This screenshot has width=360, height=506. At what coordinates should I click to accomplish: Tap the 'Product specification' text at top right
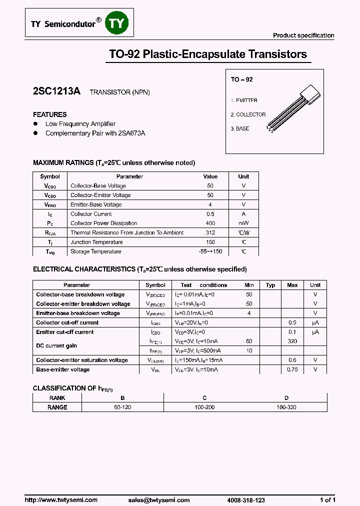(303, 35)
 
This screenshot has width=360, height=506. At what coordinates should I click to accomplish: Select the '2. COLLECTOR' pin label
(248, 114)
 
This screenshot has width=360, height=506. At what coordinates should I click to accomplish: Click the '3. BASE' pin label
(239, 128)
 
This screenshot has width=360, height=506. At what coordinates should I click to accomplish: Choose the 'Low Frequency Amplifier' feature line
(80, 124)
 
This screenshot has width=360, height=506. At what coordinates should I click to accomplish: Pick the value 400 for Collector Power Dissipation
(210, 223)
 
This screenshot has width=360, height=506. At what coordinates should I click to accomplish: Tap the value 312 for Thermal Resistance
(210, 232)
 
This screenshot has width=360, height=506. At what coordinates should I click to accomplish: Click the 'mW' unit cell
(243, 223)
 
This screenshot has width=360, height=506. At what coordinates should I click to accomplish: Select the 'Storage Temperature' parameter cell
(95, 251)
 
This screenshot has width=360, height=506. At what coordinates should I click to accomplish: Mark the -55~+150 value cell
(210, 251)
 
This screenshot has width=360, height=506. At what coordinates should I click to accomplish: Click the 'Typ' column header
(270, 285)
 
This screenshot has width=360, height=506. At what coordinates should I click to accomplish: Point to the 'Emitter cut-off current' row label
(65, 332)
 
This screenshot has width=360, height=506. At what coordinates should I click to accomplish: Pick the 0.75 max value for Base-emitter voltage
(292, 369)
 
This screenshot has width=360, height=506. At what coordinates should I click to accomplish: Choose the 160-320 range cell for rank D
(286, 407)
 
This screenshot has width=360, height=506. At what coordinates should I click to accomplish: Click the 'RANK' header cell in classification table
(57, 398)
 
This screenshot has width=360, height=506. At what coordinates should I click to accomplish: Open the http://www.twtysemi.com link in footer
(61, 500)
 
